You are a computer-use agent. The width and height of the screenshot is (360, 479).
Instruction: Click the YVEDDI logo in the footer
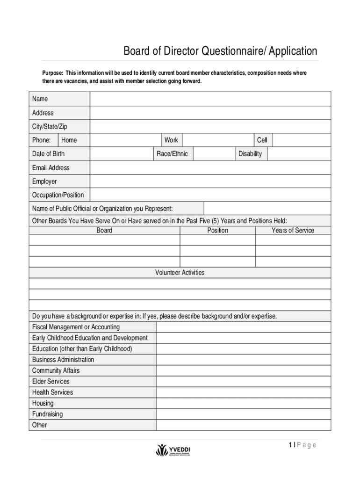coord(173,450)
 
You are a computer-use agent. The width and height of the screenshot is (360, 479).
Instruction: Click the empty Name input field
coord(210,99)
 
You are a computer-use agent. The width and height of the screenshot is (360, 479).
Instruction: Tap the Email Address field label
coord(50,167)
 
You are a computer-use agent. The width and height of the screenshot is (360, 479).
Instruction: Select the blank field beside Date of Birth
coord(122,154)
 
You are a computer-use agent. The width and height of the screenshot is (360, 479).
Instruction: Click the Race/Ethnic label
coord(172,154)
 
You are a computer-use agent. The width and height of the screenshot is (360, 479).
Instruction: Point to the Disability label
coord(250,154)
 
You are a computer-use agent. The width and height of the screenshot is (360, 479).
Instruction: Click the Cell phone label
coord(262,140)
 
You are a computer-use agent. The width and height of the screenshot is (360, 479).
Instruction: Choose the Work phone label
coord(171,140)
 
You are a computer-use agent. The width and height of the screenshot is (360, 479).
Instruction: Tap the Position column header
coord(218,230)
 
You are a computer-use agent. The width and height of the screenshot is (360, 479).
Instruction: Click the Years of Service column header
coord(293,230)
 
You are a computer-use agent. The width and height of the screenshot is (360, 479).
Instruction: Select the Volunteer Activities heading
coord(180,272)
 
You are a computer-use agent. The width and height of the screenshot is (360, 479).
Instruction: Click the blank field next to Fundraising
coord(243,414)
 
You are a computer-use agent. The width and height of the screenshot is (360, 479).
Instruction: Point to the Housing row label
coord(43,403)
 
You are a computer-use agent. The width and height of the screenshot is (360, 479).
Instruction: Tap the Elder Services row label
coord(51,381)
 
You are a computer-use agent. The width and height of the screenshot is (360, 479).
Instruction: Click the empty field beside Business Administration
coord(243,360)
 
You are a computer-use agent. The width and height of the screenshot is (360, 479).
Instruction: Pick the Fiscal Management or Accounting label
coord(76,327)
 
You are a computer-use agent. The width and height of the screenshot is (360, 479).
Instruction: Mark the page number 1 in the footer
coord(290,445)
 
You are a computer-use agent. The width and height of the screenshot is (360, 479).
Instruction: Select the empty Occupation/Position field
coord(210,195)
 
